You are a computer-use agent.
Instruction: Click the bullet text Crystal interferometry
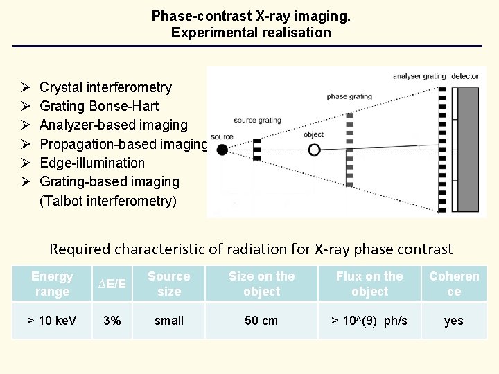click(x=105, y=87)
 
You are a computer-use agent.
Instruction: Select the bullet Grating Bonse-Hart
click(x=99, y=106)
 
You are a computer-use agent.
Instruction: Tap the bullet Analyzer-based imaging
click(x=114, y=125)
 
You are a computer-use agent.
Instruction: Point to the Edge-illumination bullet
click(x=92, y=163)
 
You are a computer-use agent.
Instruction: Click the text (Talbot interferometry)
click(x=108, y=201)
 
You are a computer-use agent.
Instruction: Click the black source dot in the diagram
click(x=222, y=149)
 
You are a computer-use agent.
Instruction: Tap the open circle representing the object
click(x=315, y=149)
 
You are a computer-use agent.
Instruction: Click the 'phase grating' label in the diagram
click(x=349, y=97)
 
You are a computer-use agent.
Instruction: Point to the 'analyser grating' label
click(x=420, y=76)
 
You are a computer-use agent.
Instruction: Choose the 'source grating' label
click(x=257, y=121)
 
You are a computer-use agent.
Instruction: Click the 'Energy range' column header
click(x=52, y=284)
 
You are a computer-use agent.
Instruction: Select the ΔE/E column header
click(x=111, y=284)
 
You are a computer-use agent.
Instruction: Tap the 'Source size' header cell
click(x=169, y=284)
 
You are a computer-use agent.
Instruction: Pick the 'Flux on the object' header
click(x=369, y=284)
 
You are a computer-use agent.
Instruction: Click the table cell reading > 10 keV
click(x=52, y=321)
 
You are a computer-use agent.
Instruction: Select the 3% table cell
click(x=111, y=321)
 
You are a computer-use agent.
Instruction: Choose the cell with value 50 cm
click(x=261, y=321)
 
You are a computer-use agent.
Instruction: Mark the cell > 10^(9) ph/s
click(x=369, y=321)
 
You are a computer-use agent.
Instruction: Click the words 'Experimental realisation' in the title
click(x=251, y=33)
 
